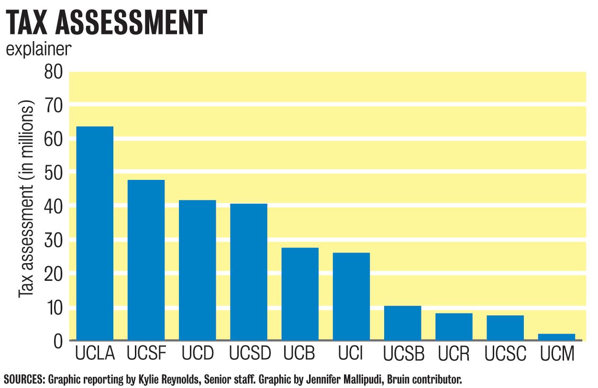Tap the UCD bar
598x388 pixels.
coord(197,270)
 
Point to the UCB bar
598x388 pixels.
coord(300,294)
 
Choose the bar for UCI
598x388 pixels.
coord(351,296)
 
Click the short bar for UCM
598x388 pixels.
coord(556,337)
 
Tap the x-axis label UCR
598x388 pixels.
coord(454,354)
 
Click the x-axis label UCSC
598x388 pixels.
coord(505,354)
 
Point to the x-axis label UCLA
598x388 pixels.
coord(95,354)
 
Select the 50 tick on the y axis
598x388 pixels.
coord(54,173)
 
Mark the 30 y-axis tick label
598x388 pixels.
coord(54,240)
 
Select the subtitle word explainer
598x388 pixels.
coord(39,50)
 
